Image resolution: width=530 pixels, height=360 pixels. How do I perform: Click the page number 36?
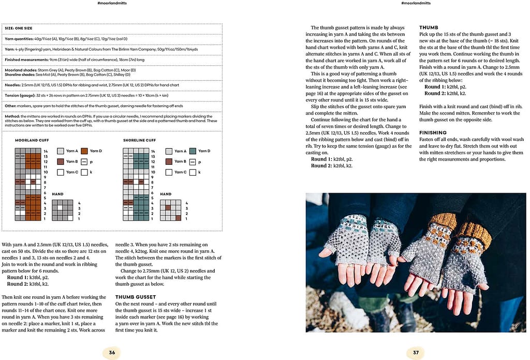[112, 352]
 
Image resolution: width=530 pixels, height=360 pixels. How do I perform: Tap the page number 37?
[416, 352]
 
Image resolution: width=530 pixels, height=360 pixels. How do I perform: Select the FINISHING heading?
[433, 133]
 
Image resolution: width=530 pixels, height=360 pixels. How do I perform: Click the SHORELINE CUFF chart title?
[139, 140]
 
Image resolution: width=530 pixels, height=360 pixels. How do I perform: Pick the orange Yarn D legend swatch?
[84, 151]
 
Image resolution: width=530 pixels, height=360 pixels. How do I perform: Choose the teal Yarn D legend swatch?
[193, 151]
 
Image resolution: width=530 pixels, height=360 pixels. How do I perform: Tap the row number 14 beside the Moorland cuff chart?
[45, 151]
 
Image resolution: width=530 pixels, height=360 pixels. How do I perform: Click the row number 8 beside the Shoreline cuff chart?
[154, 182]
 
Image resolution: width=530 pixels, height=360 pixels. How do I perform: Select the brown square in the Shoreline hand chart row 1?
[178, 219]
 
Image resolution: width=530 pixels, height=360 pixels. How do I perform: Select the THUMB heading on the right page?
[429, 27]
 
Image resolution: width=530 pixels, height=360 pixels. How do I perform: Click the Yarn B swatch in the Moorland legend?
[61, 162]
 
